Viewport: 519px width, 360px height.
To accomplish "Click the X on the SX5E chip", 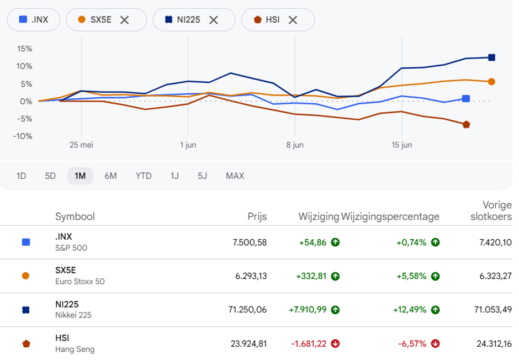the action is [x=124, y=20].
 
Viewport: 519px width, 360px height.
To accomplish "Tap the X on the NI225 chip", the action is [x=214, y=20].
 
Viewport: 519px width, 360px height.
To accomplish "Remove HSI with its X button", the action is [x=293, y=20].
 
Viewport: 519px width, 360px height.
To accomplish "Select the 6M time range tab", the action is [x=110, y=176].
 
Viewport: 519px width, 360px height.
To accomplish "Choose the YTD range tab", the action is [x=144, y=176].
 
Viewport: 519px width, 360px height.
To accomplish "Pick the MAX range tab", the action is [x=235, y=176].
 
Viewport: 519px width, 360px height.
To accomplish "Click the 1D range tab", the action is [x=21, y=176].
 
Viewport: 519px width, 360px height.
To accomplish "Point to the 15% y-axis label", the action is [x=24, y=49].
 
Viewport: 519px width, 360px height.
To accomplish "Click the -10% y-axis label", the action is [x=23, y=136].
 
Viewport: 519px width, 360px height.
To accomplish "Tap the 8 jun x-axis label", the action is [x=295, y=145].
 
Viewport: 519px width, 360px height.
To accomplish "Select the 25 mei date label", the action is [x=81, y=145].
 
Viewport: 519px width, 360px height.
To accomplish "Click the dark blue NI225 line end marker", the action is [x=491, y=57].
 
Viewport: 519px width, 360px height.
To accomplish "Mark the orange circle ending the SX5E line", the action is [x=491, y=82].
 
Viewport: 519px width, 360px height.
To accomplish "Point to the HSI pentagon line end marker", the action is [x=467, y=124].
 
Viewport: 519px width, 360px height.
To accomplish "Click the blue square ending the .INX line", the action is [x=466, y=99].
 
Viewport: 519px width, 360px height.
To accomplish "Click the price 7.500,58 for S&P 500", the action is [x=250, y=242].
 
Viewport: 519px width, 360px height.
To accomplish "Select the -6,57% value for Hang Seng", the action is [x=412, y=344].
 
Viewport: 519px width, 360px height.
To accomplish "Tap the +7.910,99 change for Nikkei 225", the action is [x=308, y=310].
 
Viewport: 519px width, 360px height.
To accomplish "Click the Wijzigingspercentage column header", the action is [x=390, y=216].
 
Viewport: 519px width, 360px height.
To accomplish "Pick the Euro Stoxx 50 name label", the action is [x=80, y=282].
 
